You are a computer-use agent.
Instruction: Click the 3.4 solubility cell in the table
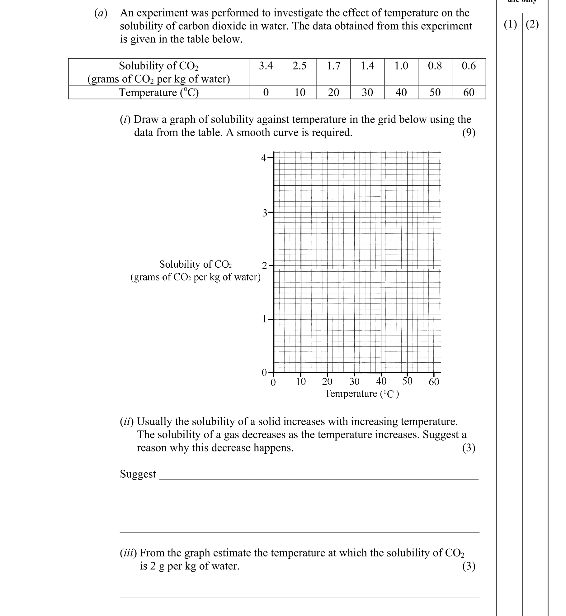(266, 66)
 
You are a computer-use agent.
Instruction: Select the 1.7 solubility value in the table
(333, 66)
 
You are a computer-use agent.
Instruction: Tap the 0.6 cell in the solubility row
(469, 66)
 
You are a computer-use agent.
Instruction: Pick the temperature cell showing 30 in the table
(367, 92)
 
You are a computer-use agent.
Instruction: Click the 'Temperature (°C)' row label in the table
(159, 92)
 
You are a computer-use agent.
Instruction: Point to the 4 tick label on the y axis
(264, 158)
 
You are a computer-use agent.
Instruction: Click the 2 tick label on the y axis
(264, 266)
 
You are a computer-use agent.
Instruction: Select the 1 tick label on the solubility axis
(265, 319)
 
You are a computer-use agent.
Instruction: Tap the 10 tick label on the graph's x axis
(301, 381)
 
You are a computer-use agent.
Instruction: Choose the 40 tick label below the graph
(381, 381)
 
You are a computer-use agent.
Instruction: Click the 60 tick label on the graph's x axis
(434, 381)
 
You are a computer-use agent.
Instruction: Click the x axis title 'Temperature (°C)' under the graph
(362, 394)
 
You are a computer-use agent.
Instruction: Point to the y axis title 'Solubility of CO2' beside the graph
(196, 264)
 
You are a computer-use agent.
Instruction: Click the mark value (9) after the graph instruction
(469, 133)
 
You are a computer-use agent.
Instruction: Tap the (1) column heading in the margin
(510, 24)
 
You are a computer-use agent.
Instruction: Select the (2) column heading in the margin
(532, 24)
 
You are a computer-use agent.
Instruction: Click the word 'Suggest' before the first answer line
(138, 474)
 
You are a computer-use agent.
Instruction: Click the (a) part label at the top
(101, 13)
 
